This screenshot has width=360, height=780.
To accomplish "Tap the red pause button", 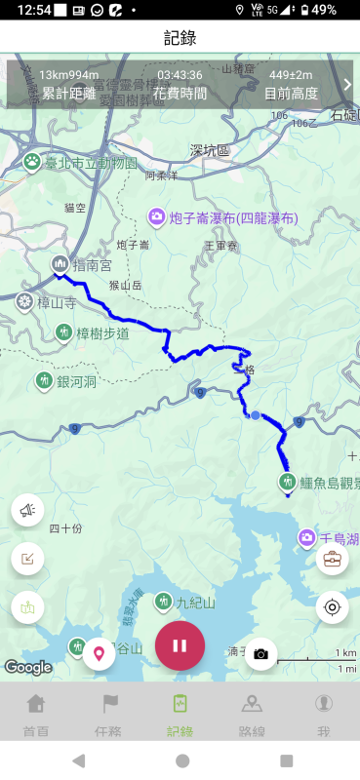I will tap(180, 644).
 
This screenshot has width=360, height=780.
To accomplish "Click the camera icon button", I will tap(260, 653).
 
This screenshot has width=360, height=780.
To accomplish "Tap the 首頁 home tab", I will tap(36, 714).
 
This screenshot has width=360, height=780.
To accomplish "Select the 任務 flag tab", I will tap(108, 714).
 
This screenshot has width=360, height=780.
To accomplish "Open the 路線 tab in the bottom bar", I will tap(252, 714).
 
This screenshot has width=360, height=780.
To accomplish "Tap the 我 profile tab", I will tap(323, 714).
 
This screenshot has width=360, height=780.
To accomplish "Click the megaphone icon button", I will tap(28, 508).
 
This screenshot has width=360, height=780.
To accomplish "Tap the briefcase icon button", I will tap(332, 559).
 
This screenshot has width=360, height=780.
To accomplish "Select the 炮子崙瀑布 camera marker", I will tap(156, 216).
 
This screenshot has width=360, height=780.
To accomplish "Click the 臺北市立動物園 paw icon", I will tap(32, 161).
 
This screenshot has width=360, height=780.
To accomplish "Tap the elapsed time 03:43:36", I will tap(180, 75).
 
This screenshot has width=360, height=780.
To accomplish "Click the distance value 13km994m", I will tap(68, 75).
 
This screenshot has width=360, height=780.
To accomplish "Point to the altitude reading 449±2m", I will tap(291, 75).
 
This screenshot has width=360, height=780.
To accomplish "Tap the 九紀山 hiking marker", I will tap(162, 602).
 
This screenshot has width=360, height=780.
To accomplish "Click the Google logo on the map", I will tap(27, 667).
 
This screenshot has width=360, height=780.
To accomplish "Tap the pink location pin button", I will tap(99, 652).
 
